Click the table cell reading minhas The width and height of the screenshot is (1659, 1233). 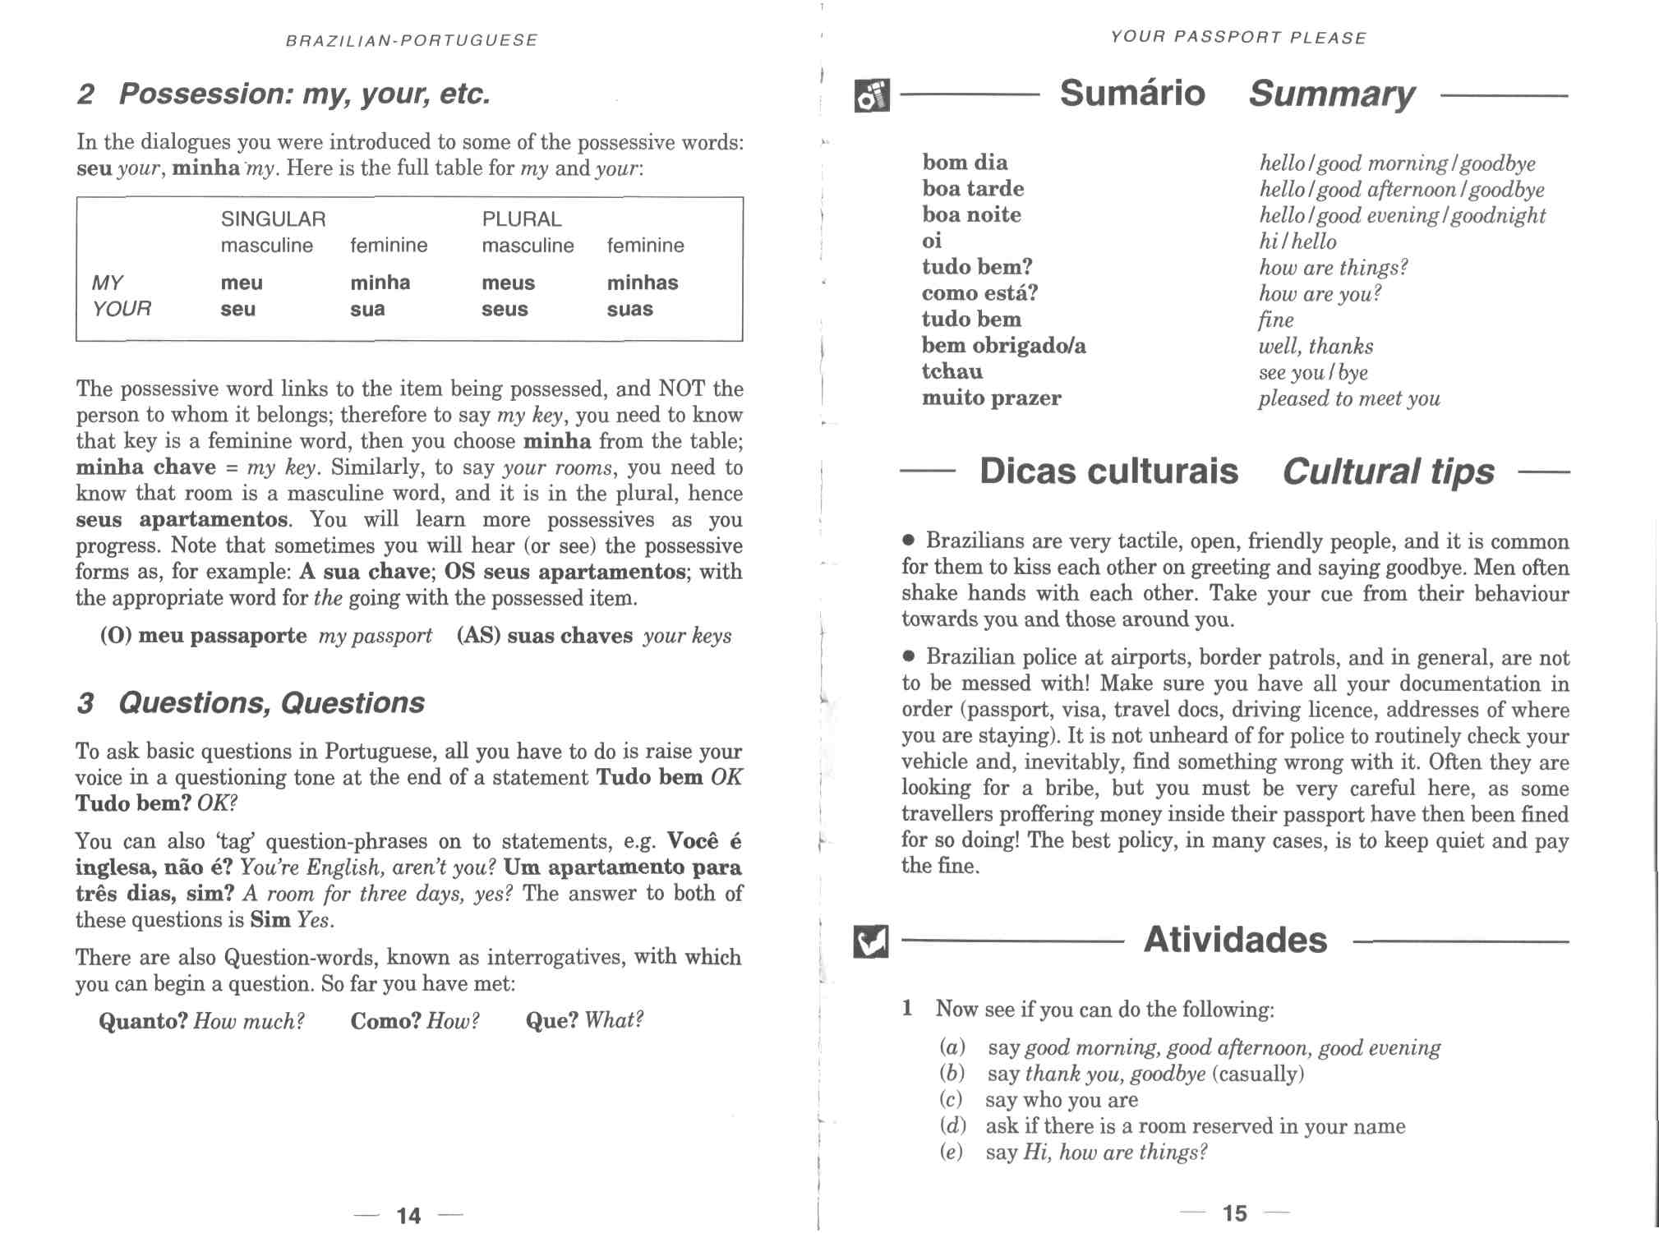tap(642, 283)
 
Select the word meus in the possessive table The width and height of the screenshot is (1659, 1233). tap(508, 283)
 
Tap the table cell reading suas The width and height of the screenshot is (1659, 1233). tap(629, 310)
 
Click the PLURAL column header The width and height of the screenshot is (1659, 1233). tap(521, 219)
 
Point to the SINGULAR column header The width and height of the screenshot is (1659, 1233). tap(273, 219)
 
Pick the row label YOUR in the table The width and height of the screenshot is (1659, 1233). tap(122, 309)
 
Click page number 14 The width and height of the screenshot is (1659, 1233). tap(408, 1215)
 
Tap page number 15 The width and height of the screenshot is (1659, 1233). tap(1234, 1213)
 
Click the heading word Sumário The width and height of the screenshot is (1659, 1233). tap(1131, 93)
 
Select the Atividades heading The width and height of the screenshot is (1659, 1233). tap(1234, 940)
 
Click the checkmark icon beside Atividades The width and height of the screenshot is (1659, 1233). tap(871, 941)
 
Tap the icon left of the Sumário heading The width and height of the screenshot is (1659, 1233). tap(872, 95)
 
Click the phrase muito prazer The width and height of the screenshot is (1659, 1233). tap(991, 398)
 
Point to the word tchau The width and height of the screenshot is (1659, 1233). tap(952, 371)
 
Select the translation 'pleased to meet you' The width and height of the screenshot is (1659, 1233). tap(1348, 399)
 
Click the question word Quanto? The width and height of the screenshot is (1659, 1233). tap(144, 1021)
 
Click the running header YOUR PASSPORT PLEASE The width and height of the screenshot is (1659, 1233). tap(1238, 38)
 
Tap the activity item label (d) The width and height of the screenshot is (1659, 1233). tap(952, 1126)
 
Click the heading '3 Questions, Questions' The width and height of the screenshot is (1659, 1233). tap(251, 703)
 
